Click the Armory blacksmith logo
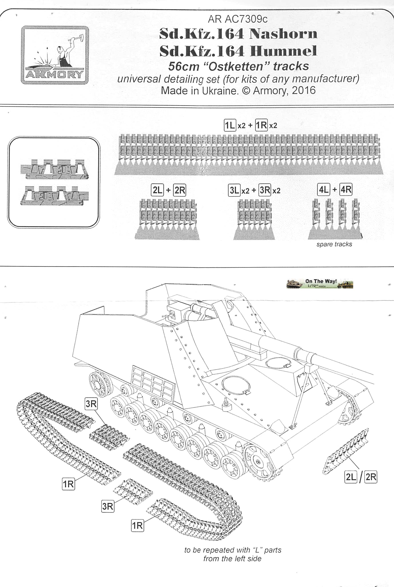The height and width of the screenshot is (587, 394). pyautogui.click(x=55, y=55)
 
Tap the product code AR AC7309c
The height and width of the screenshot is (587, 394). pyautogui.click(x=238, y=19)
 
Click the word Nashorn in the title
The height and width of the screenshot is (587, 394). pyautogui.click(x=283, y=34)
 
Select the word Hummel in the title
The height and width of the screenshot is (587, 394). pyautogui.click(x=283, y=51)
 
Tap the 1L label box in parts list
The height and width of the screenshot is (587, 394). pyautogui.click(x=230, y=125)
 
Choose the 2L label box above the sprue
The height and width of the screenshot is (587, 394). pyautogui.click(x=157, y=190)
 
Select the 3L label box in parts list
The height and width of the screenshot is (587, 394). pyautogui.click(x=234, y=190)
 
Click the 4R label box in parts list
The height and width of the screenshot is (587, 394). pyautogui.click(x=346, y=190)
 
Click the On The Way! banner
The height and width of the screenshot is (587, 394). pyautogui.click(x=320, y=284)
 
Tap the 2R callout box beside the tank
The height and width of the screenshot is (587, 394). pyautogui.click(x=371, y=477)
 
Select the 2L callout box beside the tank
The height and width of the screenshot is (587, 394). pyautogui.click(x=351, y=477)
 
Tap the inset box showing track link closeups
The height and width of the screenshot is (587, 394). pyautogui.click(x=54, y=182)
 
